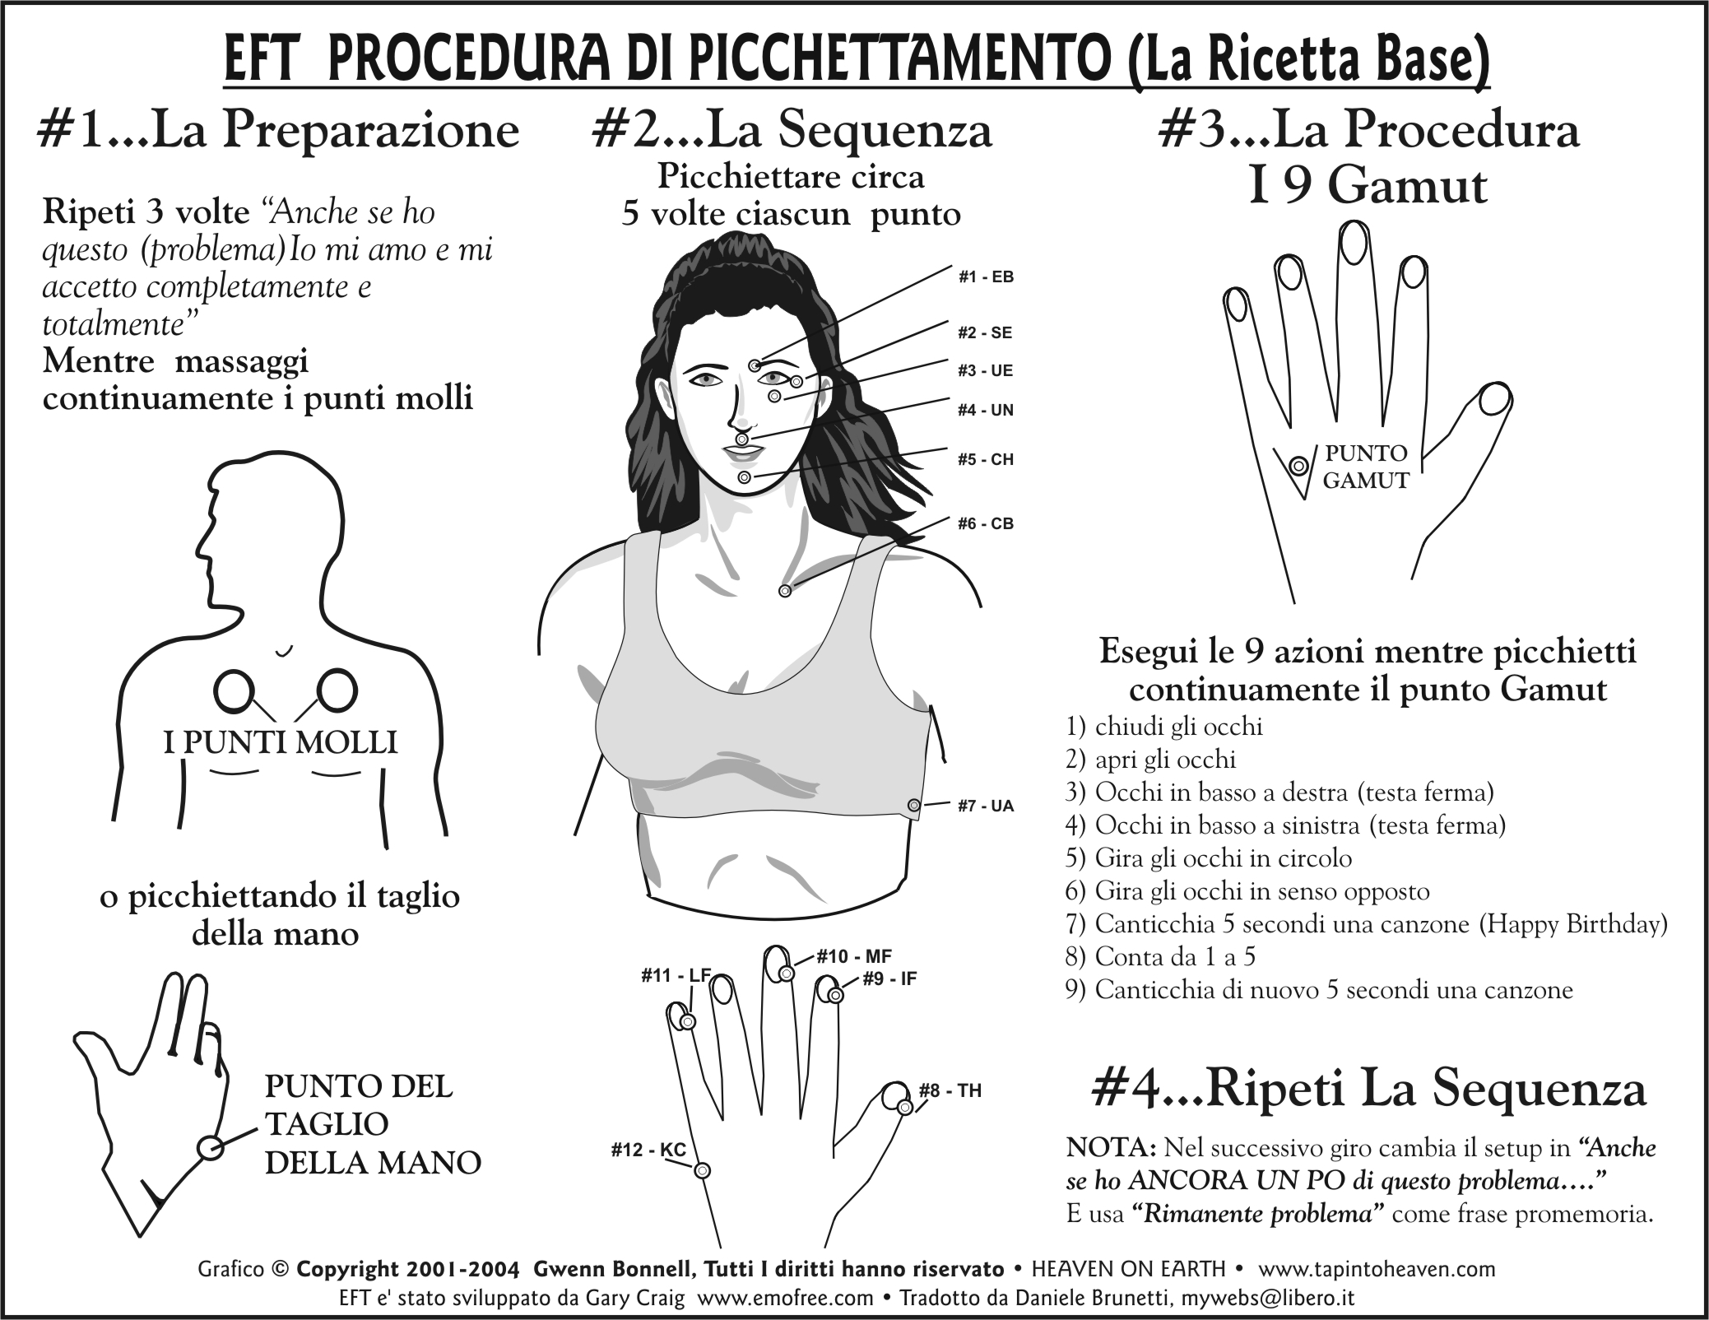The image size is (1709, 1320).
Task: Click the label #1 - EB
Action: tap(986, 277)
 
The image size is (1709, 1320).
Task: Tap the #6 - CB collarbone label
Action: tap(986, 523)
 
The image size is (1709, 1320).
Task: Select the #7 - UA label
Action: tap(986, 806)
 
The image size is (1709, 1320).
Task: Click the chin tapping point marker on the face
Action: tap(745, 477)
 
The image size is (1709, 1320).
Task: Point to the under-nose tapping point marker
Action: tap(742, 439)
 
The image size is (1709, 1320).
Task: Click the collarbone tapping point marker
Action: tap(785, 590)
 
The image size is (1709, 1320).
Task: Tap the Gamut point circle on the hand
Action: tap(1298, 467)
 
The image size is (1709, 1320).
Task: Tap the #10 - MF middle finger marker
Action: tap(787, 974)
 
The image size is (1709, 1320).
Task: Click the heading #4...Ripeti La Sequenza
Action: tap(1368, 1089)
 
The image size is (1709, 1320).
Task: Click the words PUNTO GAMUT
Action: tap(1366, 467)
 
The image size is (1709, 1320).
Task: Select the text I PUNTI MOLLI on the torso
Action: tap(281, 742)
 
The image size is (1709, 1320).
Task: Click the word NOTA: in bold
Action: tap(1112, 1147)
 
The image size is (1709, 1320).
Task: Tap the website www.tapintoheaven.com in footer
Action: tap(1377, 1270)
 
